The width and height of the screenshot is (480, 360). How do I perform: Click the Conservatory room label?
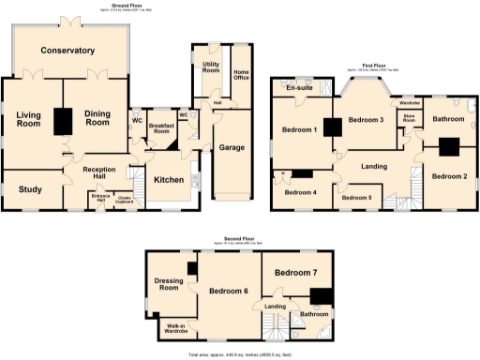click(x=67, y=51)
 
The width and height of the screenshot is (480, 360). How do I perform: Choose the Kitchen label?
click(x=169, y=179)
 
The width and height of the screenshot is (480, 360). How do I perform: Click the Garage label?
click(x=232, y=147)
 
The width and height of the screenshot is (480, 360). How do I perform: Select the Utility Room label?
click(x=210, y=68)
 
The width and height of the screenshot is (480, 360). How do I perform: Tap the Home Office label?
click(x=241, y=76)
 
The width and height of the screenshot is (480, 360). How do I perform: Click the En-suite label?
click(x=300, y=89)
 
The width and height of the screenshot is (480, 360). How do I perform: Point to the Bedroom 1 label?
click(x=300, y=130)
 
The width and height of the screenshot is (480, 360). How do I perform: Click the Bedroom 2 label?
click(x=449, y=175)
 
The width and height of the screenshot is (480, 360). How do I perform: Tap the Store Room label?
click(x=409, y=119)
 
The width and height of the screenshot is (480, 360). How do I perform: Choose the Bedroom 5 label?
click(x=357, y=198)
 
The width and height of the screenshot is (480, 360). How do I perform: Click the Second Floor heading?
click(x=241, y=239)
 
